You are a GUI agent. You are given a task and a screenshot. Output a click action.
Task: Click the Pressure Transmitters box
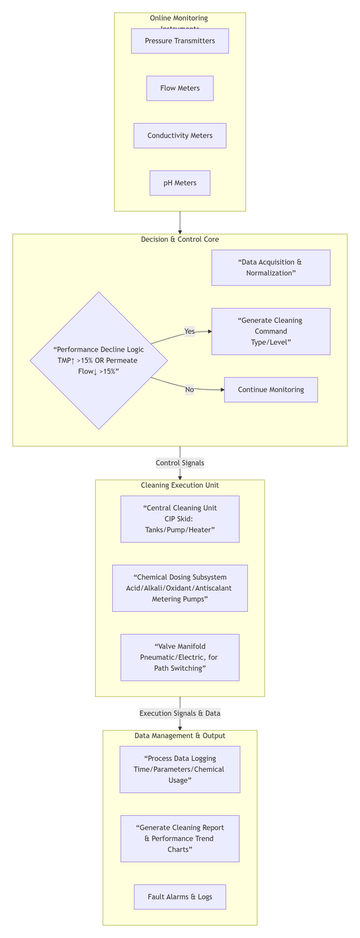pos(180,41)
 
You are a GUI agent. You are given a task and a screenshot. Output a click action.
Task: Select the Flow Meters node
pos(180,88)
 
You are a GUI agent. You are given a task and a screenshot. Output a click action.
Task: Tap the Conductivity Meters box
pos(180,136)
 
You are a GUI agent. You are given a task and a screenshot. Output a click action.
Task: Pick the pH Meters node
pos(180,183)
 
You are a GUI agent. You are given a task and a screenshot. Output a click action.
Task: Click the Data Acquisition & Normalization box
pos(270,267)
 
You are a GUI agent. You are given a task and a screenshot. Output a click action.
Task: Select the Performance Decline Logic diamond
pos(99,361)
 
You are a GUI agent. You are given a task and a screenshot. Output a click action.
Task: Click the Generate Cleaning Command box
pos(270,332)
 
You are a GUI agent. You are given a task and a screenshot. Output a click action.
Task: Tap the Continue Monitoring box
pos(270,390)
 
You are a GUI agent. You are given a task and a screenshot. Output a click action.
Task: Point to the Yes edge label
pos(189,332)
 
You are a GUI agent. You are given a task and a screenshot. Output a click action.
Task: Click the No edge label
pos(189,390)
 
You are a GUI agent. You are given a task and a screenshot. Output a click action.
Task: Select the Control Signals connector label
pos(180,463)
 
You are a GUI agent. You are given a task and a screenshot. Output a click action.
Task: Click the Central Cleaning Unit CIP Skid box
pos(180,519)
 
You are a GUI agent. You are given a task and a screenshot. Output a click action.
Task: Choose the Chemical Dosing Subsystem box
pos(180,588)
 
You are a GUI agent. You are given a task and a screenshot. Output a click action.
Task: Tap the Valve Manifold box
pos(180,657)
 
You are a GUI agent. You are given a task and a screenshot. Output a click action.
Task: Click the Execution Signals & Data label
pos(180,713)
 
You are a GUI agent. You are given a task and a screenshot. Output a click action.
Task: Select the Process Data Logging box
pos(180,769)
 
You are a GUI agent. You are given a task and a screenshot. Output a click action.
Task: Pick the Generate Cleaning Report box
pos(180,838)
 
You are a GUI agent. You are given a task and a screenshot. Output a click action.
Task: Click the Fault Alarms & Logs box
pos(180,897)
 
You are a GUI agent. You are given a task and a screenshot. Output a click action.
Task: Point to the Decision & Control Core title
pos(180,240)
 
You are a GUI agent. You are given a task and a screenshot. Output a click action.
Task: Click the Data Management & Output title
pos(180,735)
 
